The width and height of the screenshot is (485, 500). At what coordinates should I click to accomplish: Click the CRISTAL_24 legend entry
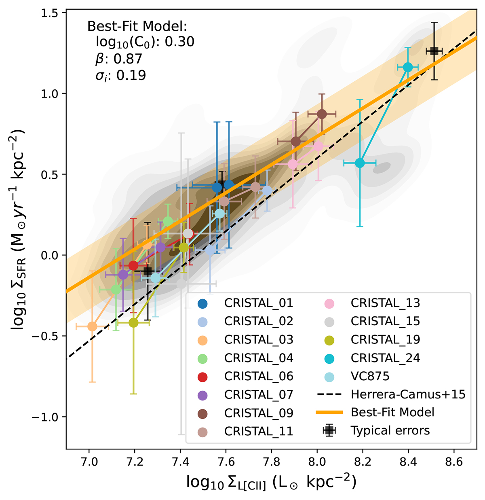pyautogui.click(x=385, y=358)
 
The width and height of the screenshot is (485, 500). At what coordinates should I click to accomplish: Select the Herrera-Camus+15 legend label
pyautogui.click(x=408, y=394)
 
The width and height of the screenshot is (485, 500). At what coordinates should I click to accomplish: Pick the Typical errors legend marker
pyautogui.click(x=329, y=430)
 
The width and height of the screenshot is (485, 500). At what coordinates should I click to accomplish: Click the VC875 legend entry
pyautogui.click(x=370, y=376)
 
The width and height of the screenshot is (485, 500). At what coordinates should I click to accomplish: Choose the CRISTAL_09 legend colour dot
pyautogui.click(x=202, y=413)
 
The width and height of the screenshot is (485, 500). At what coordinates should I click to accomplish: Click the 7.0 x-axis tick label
pyautogui.click(x=89, y=461)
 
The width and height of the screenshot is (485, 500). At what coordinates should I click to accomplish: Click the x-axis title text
pyautogui.click(x=271, y=483)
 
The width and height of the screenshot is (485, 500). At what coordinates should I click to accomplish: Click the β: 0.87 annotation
pyautogui.click(x=118, y=59)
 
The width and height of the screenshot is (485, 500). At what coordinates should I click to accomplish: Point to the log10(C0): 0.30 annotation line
pyautogui.click(x=145, y=42)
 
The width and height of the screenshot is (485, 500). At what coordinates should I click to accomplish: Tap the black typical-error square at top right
pyautogui.click(x=434, y=51)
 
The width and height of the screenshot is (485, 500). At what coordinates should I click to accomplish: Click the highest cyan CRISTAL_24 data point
pyautogui.click(x=408, y=67)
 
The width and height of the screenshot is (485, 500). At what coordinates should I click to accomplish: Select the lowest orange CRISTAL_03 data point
pyautogui.click(x=92, y=326)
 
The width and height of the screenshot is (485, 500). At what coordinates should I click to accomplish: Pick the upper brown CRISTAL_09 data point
pyautogui.click(x=322, y=114)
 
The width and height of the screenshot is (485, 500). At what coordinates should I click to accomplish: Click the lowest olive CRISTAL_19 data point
pyautogui.click(x=133, y=323)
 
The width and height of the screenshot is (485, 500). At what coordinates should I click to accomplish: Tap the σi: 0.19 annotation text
pyautogui.click(x=120, y=76)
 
